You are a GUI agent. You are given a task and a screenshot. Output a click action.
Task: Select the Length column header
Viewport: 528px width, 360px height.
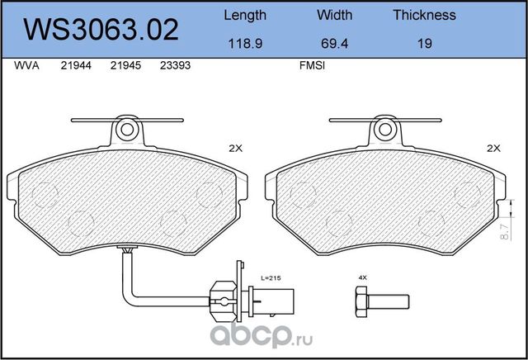[245, 15]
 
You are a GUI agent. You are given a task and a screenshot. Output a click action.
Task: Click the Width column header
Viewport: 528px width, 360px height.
[334, 15]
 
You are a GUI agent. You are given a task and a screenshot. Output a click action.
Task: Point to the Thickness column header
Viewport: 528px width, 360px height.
[424, 15]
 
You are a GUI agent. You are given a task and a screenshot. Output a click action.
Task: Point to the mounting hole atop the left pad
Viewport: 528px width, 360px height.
[126, 130]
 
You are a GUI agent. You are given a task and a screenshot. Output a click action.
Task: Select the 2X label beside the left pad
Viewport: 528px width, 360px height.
[237, 149]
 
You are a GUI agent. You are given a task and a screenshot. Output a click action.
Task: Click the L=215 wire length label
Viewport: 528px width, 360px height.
[271, 279]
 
